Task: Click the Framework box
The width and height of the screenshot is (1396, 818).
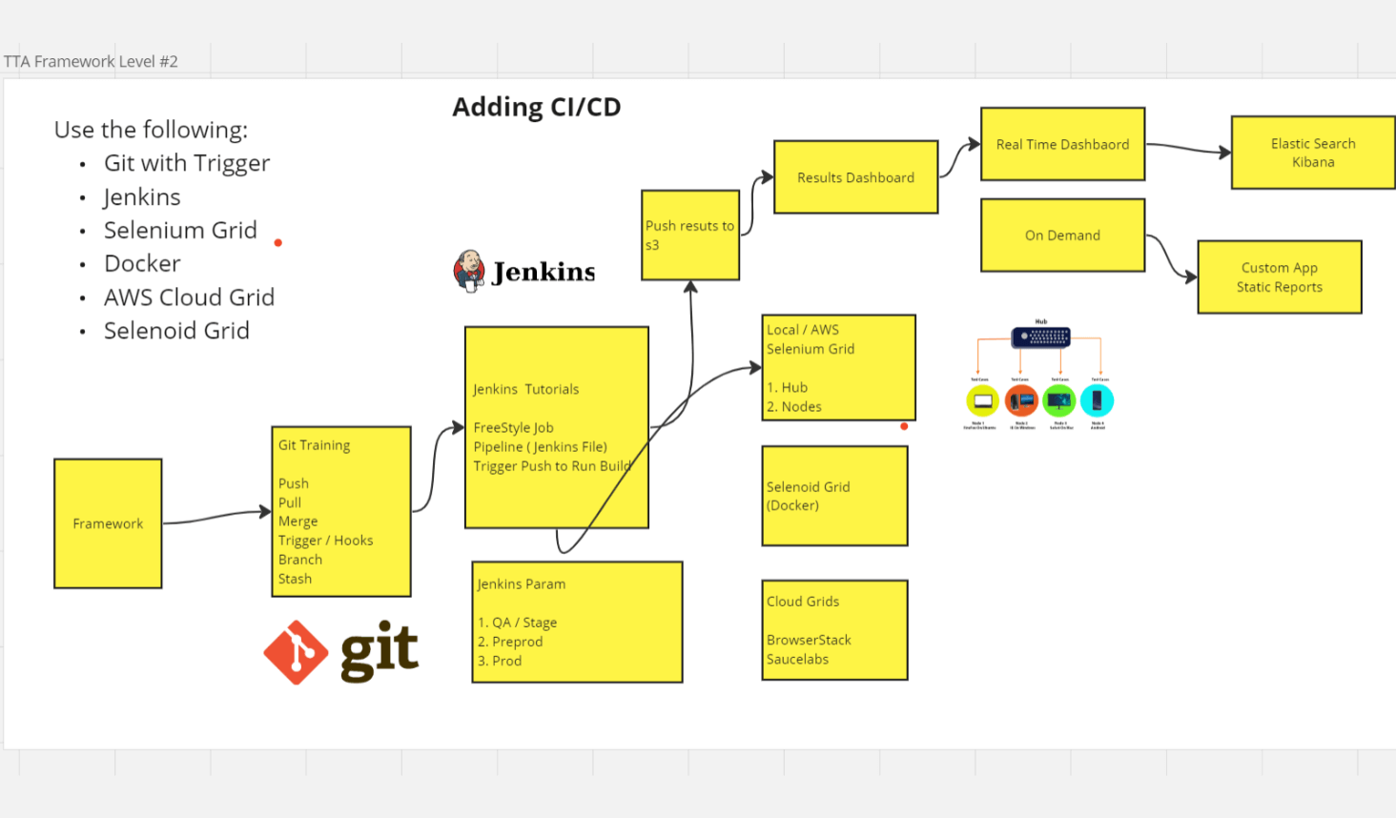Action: pos(108,523)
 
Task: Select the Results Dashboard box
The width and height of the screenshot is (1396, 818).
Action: pos(855,177)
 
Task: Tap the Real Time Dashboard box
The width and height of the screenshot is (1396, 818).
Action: pos(1062,144)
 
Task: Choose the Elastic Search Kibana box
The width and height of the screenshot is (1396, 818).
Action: pos(1312,153)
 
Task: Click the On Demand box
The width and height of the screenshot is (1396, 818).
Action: pos(1062,235)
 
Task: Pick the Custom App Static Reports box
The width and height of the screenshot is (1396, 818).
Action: pos(1279,277)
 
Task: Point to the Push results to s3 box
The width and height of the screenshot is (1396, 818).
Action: pos(689,235)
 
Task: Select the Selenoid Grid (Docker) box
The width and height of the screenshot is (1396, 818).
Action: pos(834,496)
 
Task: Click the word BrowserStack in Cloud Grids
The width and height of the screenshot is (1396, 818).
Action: pos(809,640)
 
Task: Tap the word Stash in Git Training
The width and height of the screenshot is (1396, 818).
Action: pos(295,579)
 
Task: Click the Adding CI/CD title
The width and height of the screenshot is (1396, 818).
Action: pos(536,107)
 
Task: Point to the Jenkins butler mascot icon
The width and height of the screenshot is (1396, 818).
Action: pos(468,271)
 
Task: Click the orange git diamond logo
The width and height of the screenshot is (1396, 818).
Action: pos(296,652)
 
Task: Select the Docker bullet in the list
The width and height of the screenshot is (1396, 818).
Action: pos(142,263)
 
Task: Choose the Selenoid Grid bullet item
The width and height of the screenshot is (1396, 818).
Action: pos(176,331)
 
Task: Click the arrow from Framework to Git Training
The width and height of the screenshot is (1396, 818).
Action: pos(216,517)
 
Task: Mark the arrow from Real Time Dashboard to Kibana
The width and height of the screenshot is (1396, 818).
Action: pos(1187,148)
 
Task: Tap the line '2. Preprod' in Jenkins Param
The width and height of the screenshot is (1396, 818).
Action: pos(510,642)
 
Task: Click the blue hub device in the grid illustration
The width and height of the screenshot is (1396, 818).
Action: pos(1040,337)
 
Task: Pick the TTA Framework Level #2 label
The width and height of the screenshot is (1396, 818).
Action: pos(91,61)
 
